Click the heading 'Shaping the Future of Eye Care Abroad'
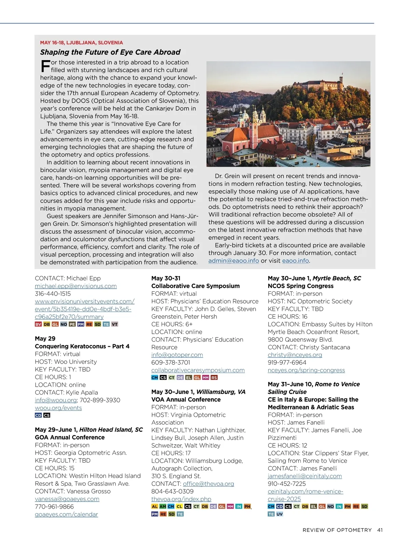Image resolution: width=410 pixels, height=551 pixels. point(110,52)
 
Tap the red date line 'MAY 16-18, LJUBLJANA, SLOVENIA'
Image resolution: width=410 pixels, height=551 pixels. point(81,43)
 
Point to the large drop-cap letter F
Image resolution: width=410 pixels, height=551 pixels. point(45,66)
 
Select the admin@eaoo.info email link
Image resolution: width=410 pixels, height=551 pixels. point(234,261)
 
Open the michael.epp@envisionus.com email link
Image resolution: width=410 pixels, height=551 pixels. point(76,286)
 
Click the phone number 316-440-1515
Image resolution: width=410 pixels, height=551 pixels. point(53,294)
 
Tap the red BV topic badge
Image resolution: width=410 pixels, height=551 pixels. point(38,324)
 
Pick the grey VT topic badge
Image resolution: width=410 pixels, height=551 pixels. point(114,324)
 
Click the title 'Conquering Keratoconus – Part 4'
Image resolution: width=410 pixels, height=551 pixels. point(82,346)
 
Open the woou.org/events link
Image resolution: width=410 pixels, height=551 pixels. point(58,408)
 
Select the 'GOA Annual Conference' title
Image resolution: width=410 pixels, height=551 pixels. point(70,437)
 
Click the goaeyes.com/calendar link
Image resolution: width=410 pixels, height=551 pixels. point(66,514)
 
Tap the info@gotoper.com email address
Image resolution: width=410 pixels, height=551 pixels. point(177,355)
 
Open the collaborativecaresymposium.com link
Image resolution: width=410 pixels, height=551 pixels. point(198,370)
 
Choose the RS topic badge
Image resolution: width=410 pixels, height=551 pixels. point(214,377)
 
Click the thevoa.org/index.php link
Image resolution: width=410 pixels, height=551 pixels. point(181,499)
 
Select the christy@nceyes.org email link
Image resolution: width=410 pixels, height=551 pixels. point(295,355)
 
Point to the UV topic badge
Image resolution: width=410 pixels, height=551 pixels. point(279,514)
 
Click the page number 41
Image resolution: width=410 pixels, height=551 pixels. point(380,530)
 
